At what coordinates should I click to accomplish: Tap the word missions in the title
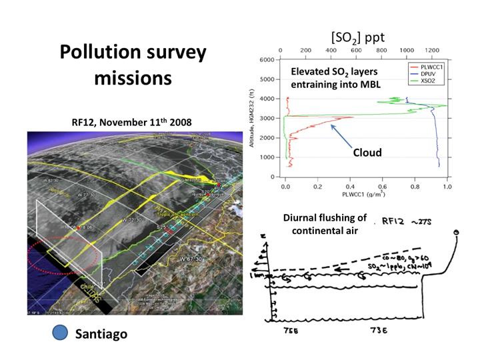click(133, 77)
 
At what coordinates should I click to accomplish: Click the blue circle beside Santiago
click(61, 333)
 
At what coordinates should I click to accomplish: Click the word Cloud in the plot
click(367, 153)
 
